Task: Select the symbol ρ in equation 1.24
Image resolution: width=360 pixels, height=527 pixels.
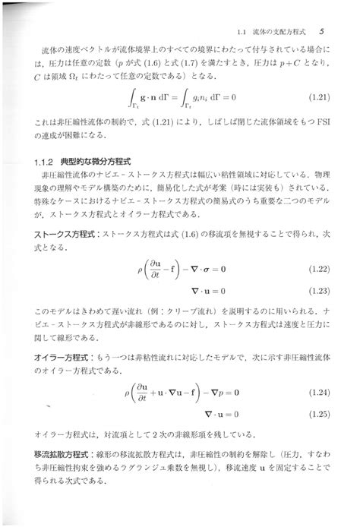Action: (x=127, y=393)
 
